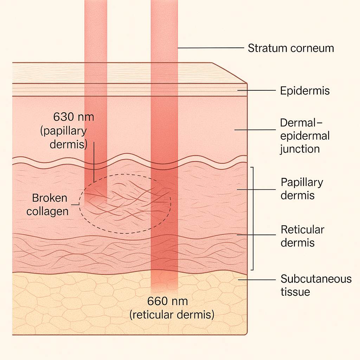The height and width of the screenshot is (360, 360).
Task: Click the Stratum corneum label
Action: pyautogui.click(x=291, y=49)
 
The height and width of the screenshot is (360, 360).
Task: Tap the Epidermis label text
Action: pyautogui.click(x=305, y=91)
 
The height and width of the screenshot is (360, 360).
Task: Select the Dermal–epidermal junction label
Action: pyautogui.click(x=305, y=136)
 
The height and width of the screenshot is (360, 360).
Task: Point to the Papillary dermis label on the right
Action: pyautogui.click(x=302, y=189)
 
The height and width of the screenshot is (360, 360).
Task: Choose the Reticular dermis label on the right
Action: pyautogui.click(x=302, y=236)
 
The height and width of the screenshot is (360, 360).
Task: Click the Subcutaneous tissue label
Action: pyautogui.click(x=316, y=285)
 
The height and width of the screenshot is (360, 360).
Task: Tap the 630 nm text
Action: pyautogui.click(x=74, y=117)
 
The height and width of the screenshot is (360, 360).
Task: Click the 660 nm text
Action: pyautogui.click(x=168, y=301)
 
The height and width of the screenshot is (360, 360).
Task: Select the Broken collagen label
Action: pyautogui.click(x=47, y=205)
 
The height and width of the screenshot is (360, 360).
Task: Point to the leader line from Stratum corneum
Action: pyautogui.click(x=211, y=48)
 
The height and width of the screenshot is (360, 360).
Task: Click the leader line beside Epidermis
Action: pyautogui.click(x=256, y=90)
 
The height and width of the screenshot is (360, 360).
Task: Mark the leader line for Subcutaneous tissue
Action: pyautogui.click(x=257, y=280)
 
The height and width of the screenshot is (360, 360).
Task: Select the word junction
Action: pyautogui.click(x=300, y=149)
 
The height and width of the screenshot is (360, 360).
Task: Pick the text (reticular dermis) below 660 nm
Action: pyautogui.click(x=172, y=315)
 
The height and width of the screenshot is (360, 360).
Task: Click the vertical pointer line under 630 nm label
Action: pyautogui.click(x=94, y=162)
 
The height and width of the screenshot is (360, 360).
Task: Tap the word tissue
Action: pyautogui.click(x=295, y=292)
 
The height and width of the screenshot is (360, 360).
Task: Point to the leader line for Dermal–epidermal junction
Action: pyautogui.click(x=255, y=130)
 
